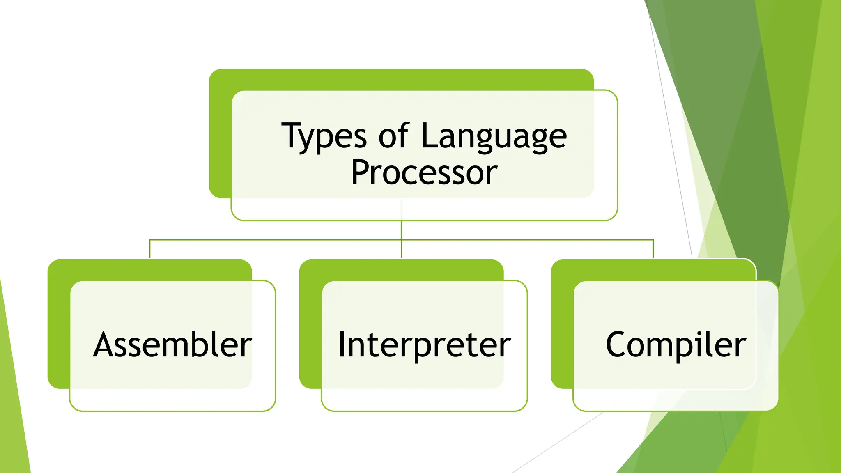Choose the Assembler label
(x=172, y=345)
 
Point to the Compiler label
(x=676, y=345)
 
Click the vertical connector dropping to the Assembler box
(x=149, y=249)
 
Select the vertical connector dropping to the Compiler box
(x=653, y=249)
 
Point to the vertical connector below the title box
(x=401, y=230)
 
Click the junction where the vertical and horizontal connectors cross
(x=401, y=239)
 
